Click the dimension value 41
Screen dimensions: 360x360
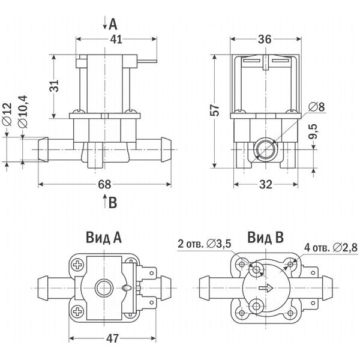click(x=116, y=39)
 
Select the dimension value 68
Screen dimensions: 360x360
click(x=104, y=184)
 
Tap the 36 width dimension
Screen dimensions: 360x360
click(x=265, y=39)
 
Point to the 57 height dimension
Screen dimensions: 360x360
click(x=215, y=110)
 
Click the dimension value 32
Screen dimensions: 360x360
click(x=266, y=184)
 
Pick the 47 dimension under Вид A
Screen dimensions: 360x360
click(x=113, y=338)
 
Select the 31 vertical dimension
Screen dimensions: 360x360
click(x=55, y=86)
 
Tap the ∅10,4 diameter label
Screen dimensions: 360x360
click(x=23, y=112)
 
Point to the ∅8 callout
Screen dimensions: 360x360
click(x=317, y=107)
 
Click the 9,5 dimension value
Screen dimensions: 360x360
click(x=313, y=131)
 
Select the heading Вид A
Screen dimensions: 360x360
click(x=104, y=238)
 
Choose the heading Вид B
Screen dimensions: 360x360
click(x=265, y=238)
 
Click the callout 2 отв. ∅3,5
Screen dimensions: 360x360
click(x=205, y=244)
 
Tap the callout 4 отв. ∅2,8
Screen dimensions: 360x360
click(x=331, y=248)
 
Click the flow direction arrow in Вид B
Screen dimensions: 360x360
click(x=266, y=288)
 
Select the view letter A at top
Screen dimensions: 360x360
click(x=113, y=25)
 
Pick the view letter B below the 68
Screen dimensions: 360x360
click(x=113, y=203)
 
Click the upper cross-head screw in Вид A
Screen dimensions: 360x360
click(x=78, y=265)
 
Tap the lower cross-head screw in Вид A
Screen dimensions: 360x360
click(x=78, y=311)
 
